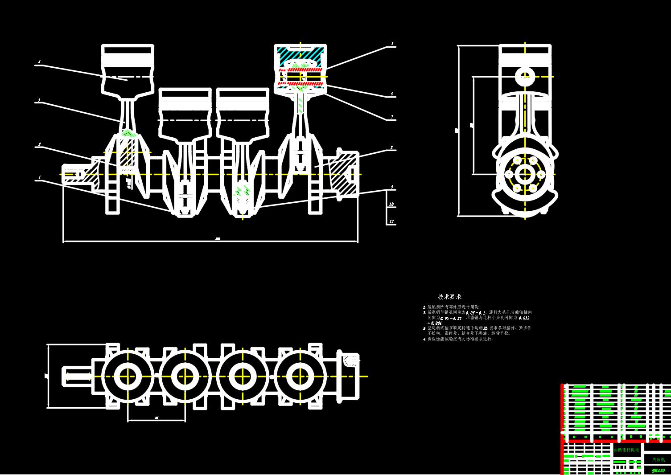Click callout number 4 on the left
click(x=39, y=62)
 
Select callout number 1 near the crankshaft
click(x=39, y=177)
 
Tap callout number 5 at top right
click(x=392, y=44)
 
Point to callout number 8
click(x=392, y=147)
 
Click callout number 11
click(x=392, y=221)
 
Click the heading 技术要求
click(x=449, y=297)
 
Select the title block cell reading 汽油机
click(x=659, y=459)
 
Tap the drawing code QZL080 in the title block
click(x=658, y=470)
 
